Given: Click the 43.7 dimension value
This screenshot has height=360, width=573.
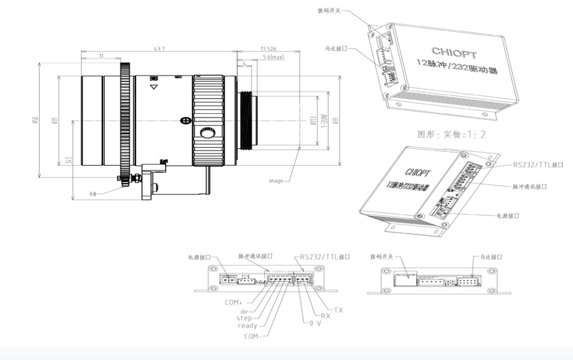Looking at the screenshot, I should pyautogui.click(x=160, y=49).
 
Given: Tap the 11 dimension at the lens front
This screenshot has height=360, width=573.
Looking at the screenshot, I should pyautogui.click(x=101, y=56).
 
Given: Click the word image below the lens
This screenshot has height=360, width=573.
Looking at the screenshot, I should pyautogui.click(x=276, y=181).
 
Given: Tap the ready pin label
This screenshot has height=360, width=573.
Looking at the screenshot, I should pyautogui.click(x=247, y=325).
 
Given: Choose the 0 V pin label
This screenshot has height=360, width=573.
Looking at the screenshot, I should pyautogui.click(x=315, y=323).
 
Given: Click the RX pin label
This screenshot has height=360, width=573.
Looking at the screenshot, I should pyautogui.click(x=325, y=316).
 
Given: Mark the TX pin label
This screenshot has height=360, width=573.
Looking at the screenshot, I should pyautogui.click(x=338, y=310).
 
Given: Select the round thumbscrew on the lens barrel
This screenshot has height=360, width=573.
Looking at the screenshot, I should pyautogui.click(x=208, y=133).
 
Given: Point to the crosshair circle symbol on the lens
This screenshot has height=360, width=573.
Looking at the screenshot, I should pyautogui.click(x=185, y=120).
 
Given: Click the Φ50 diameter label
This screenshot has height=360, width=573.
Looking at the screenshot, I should pyautogui.click(x=35, y=120).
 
